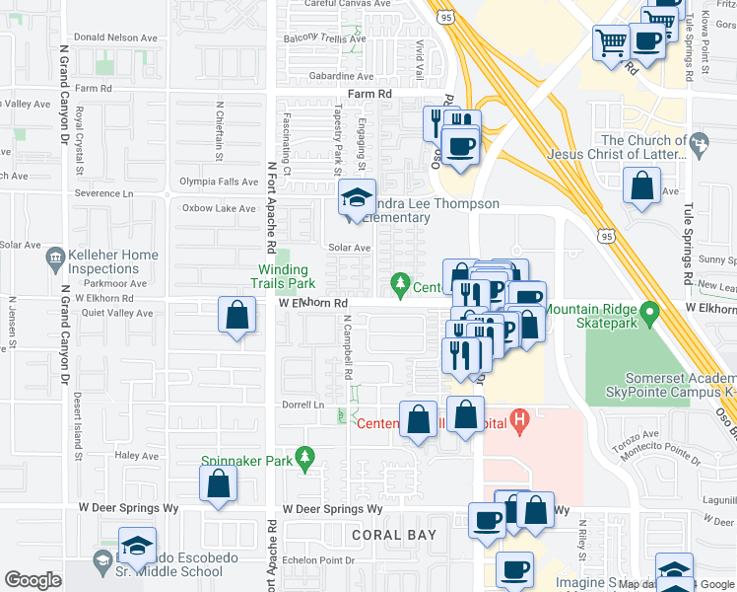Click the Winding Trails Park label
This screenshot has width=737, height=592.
284,276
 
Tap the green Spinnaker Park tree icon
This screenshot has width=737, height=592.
305,456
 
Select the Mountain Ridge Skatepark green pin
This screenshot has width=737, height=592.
649,315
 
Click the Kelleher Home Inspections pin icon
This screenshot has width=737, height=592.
54,261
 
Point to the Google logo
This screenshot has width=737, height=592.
33,580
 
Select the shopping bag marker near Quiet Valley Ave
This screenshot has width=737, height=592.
236,317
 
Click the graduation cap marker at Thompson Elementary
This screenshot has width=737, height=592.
357,198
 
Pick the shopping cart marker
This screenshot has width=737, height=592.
611,42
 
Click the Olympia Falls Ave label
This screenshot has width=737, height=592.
218,182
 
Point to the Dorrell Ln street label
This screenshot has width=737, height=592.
303,405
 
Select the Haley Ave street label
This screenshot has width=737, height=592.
136,456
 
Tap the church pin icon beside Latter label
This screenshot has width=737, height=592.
700,145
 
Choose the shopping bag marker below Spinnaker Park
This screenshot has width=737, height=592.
218,483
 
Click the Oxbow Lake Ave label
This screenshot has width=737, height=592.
218,208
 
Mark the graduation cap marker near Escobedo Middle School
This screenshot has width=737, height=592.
137,546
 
